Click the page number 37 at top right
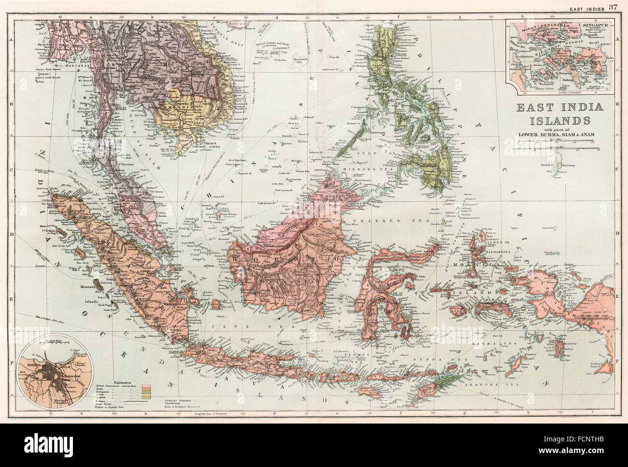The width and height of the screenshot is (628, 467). coord(613,7)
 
